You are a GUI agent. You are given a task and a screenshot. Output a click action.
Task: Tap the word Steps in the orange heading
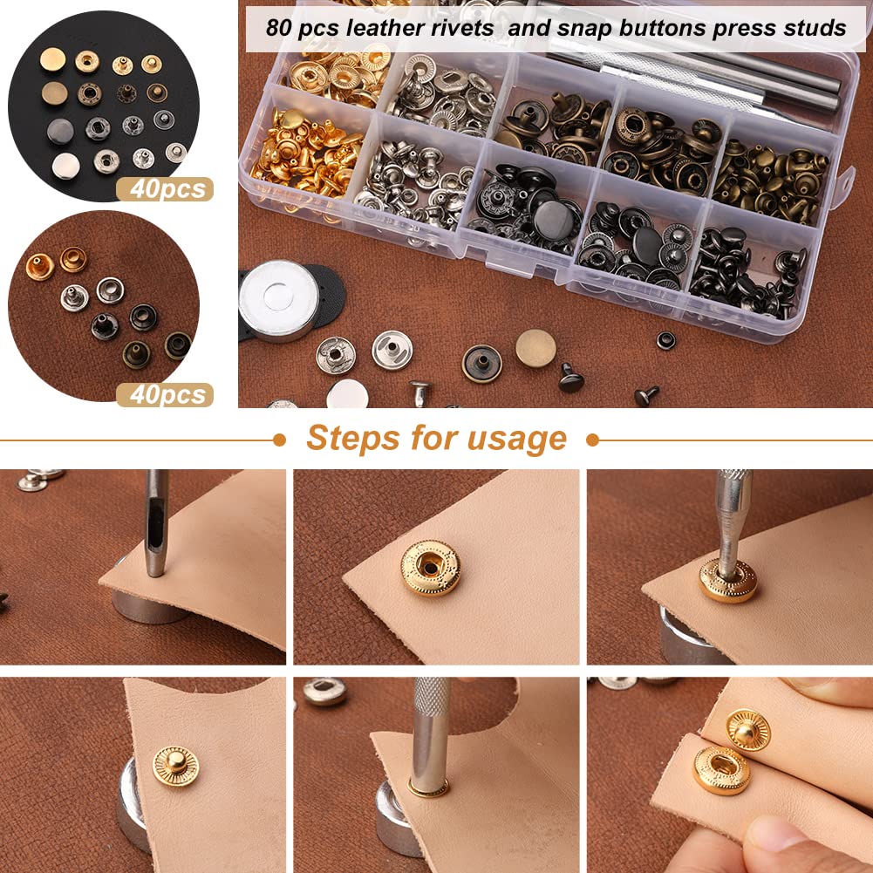(352, 438)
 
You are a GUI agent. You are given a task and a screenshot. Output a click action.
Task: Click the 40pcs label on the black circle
(166, 189)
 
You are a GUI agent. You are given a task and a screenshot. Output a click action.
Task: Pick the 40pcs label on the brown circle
(166, 394)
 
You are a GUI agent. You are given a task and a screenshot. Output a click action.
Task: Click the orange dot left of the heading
(279, 440)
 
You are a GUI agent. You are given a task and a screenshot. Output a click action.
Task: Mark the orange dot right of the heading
(592, 440)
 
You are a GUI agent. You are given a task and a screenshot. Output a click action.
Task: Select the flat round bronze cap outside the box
(535, 348)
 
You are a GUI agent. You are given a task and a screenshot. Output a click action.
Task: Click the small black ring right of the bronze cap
(666, 340)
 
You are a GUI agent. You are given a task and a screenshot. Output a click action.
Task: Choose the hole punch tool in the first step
(155, 523)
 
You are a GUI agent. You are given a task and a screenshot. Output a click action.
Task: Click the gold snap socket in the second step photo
(430, 568)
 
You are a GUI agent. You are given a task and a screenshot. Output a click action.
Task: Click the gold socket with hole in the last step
(721, 769)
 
